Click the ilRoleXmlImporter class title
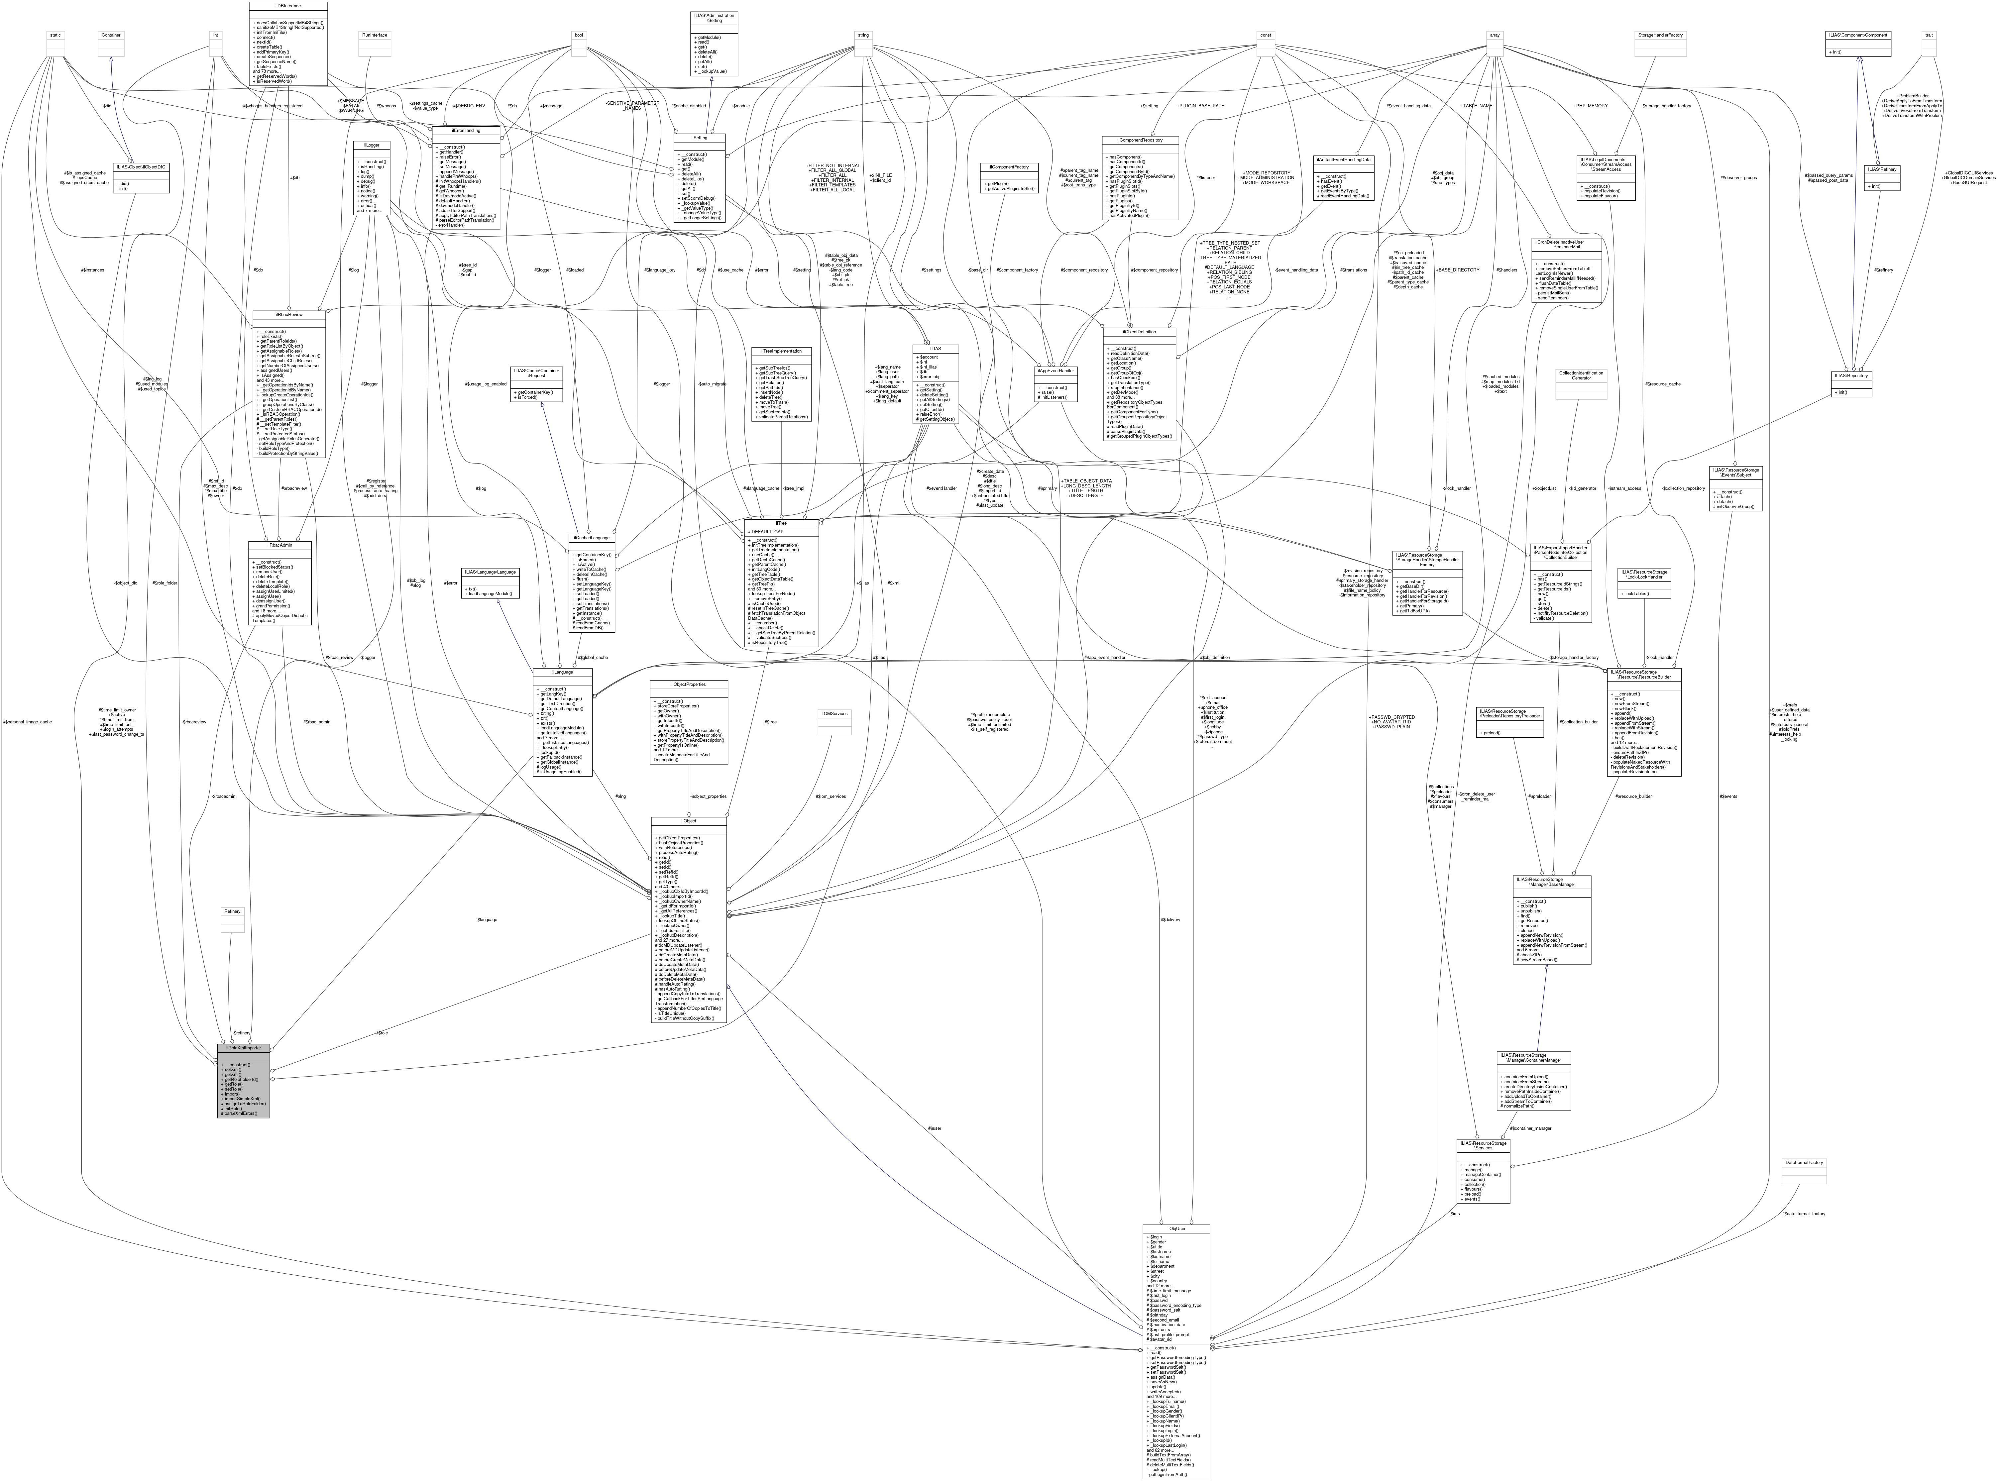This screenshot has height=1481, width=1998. pyautogui.click(x=243, y=1047)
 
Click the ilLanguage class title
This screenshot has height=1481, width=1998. pyautogui.click(x=562, y=672)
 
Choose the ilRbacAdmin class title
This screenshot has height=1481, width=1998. pyautogui.click(x=280, y=545)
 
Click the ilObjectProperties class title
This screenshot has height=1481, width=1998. pyautogui.click(x=688, y=684)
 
